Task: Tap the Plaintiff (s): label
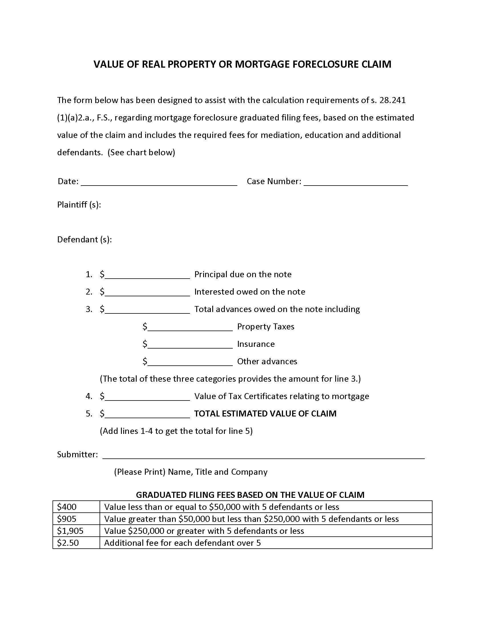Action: [x=79, y=204]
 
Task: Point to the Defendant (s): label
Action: [x=84, y=239]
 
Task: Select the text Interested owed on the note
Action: [x=249, y=291]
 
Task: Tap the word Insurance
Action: [x=255, y=344]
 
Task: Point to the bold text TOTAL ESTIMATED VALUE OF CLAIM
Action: [x=265, y=414]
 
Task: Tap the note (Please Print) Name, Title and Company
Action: [x=191, y=472]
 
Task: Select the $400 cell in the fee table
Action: [x=76, y=507]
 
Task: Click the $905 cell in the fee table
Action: [x=76, y=519]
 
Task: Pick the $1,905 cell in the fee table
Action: [x=76, y=531]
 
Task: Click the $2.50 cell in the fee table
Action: [x=76, y=543]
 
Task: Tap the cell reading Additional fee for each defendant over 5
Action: [x=182, y=543]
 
